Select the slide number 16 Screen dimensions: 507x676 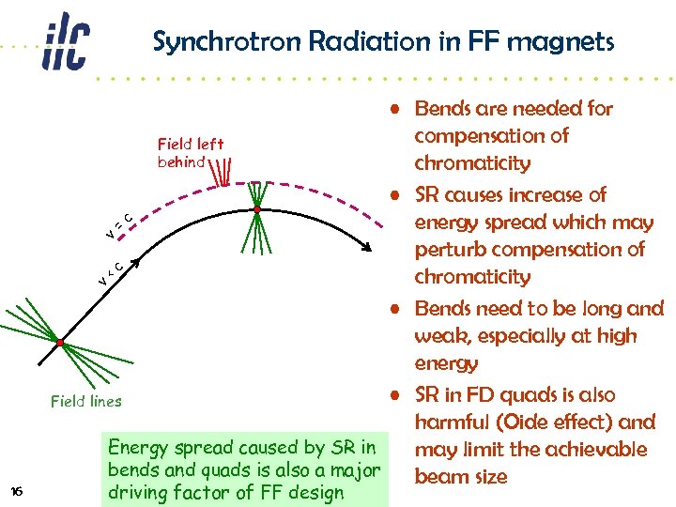[x=16, y=491]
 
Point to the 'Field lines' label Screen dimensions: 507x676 [x=85, y=401]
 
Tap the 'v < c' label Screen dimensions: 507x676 [x=113, y=273]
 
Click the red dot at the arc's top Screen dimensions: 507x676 [x=256, y=209]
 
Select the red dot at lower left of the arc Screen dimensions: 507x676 [x=58, y=343]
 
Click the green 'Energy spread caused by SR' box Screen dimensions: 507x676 [x=244, y=469]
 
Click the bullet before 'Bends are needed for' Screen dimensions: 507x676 [x=398, y=109]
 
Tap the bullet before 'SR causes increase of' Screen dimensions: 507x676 [x=398, y=196]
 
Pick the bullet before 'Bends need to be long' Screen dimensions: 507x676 [x=398, y=309]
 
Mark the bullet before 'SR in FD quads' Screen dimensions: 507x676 [x=398, y=396]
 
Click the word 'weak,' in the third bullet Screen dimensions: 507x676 [x=446, y=336]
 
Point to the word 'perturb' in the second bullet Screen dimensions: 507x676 [x=453, y=250]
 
